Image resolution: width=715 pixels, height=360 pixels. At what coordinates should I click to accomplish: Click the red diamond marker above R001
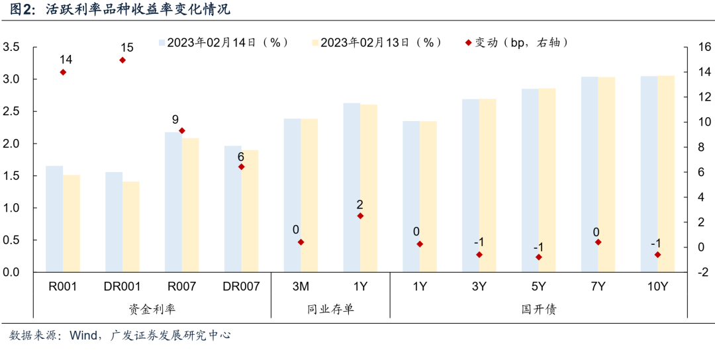(x=63, y=72)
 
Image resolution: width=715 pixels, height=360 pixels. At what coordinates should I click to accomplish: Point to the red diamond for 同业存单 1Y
(x=360, y=216)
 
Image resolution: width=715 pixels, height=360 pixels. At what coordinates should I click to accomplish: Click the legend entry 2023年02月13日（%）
(x=377, y=42)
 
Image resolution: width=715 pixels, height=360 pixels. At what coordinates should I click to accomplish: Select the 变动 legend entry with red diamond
(x=516, y=42)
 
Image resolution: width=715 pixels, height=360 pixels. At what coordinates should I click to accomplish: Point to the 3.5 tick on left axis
(x=11, y=48)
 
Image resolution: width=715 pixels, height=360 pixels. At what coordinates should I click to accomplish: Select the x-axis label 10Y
(x=657, y=287)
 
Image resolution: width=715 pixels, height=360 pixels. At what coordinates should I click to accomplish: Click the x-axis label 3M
(x=301, y=287)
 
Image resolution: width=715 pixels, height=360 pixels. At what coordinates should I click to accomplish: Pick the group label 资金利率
(x=152, y=308)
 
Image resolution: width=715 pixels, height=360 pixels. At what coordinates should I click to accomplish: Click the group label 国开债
(x=539, y=308)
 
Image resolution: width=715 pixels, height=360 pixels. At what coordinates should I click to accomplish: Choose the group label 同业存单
(x=330, y=308)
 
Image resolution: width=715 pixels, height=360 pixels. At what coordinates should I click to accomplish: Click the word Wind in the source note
(x=83, y=336)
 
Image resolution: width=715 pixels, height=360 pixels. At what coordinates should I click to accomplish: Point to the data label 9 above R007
(x=175, y=120)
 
